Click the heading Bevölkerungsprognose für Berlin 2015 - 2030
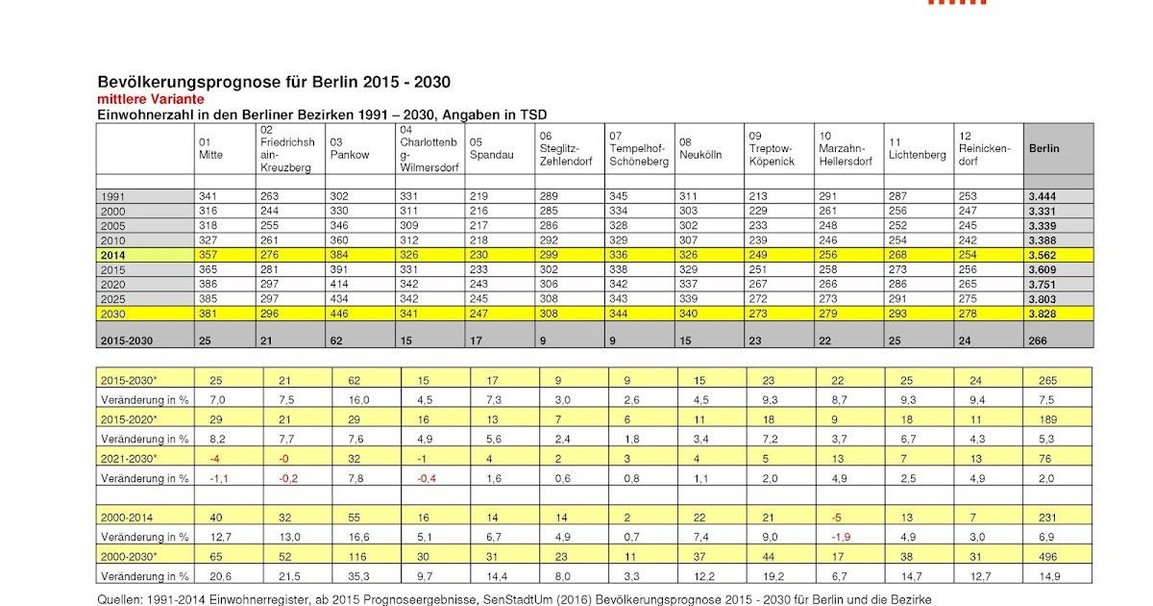(274, 83)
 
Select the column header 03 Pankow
(349, 148)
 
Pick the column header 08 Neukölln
(700, 148)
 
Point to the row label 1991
(112, 196)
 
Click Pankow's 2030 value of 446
(339, 313)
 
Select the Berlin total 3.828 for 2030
(1043, 313)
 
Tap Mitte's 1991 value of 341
(208, 196)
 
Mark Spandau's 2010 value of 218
(479, 240)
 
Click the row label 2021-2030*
(129, 459)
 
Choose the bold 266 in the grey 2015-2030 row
(1038, 341)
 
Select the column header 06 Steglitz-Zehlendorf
(564, 148)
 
